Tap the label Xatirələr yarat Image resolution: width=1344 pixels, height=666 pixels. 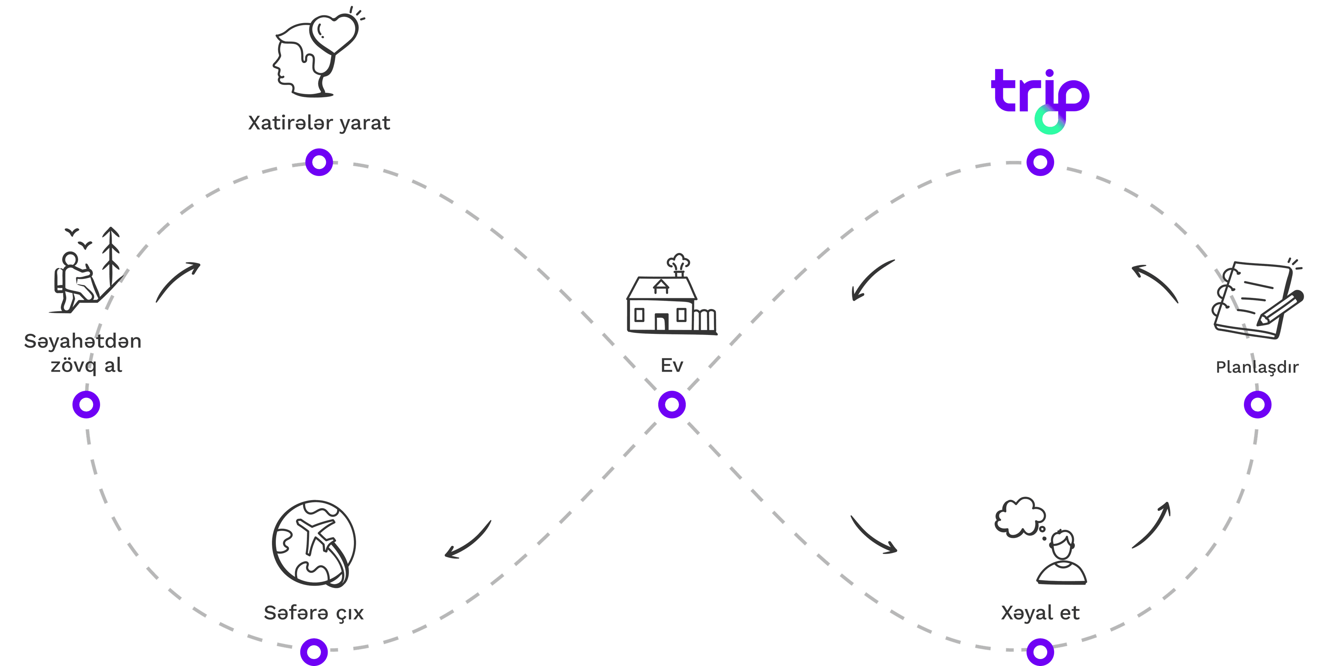click(319, 123)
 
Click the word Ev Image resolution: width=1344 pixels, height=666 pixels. click(672, 365)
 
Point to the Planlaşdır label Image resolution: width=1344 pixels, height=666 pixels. click(1257, 367)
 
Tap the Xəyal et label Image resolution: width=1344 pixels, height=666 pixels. click(1040, 613)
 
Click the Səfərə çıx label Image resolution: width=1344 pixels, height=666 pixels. click(314, 613)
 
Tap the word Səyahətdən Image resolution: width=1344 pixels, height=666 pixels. click(83, 341)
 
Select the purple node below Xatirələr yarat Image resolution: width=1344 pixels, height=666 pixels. click(319, 162)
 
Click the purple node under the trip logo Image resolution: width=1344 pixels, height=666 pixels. click(1040, 162)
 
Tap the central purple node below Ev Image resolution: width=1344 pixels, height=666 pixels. click(672, 404)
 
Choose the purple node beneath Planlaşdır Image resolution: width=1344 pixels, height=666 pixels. click(1258, 404)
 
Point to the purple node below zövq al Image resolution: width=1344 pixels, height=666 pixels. click(86, 404)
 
